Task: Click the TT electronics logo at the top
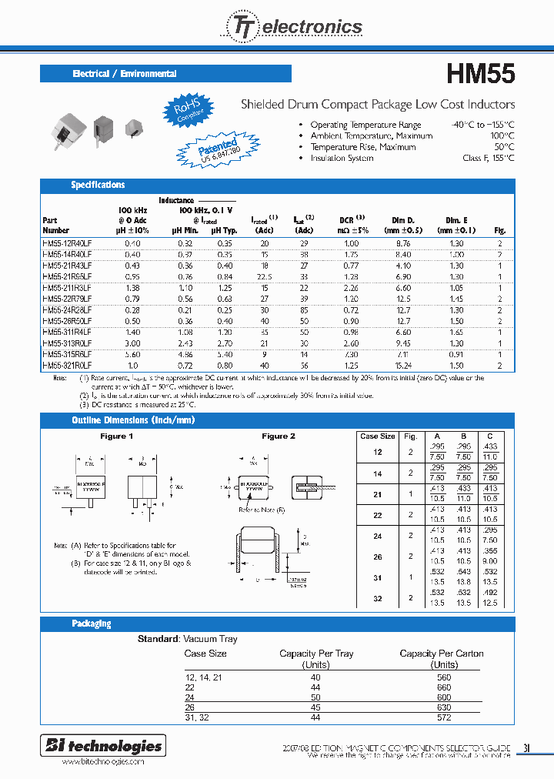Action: [293, 27]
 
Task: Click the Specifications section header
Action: [98, 185]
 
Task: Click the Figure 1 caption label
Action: [117, 436]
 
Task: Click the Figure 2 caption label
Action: [279, 436]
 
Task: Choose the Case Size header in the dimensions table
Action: [378, 436]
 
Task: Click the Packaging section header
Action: [91, 624]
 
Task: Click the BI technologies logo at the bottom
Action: [103, 745]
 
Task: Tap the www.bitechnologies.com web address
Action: [102, 761]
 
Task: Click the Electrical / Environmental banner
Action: [125, 74]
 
